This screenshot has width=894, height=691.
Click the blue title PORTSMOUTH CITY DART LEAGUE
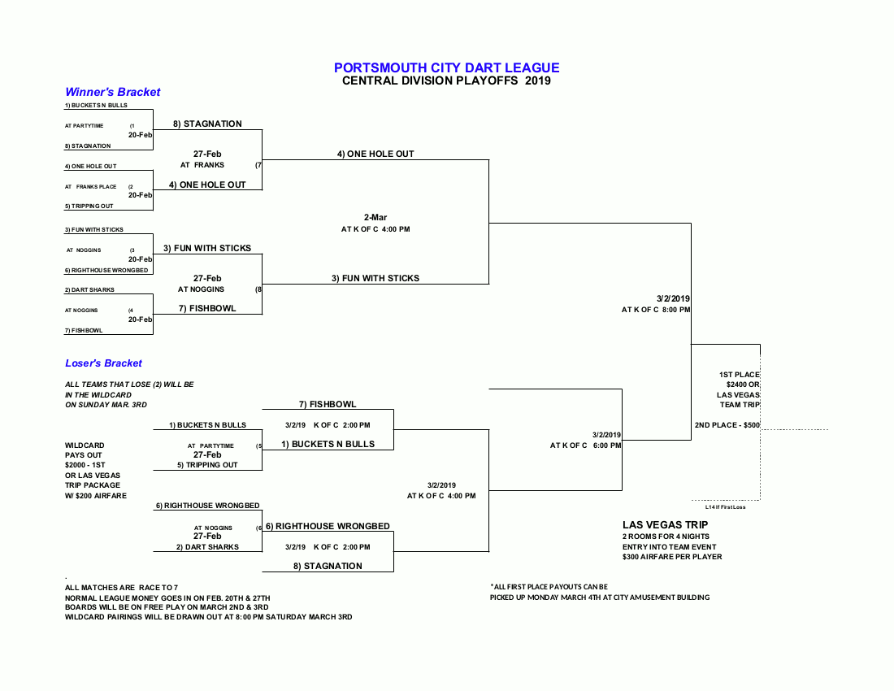tap(446, 68)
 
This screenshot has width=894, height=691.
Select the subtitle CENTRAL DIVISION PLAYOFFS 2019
tap(446, 80)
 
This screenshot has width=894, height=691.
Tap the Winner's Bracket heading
tap(113, 93)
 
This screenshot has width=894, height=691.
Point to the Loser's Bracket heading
tap(104, 363)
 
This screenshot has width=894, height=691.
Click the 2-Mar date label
tap(375, 217)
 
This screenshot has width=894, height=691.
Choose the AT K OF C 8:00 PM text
tap(656, 310)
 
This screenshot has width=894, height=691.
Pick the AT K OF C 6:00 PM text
tap(585, 445)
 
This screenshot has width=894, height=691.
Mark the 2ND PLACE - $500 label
tap(727, 425)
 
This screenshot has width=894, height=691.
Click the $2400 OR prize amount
tap(743, 385)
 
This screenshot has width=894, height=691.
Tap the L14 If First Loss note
tap(725, 507)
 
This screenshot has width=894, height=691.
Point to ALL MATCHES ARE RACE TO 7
tap(122, 587)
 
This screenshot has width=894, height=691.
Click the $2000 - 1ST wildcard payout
tap(85, 465)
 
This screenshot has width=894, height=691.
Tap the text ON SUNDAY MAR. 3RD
tap(106, 404)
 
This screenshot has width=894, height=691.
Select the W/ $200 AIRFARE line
tap(96, 496)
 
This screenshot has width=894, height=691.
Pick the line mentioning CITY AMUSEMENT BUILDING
tap(600, 598)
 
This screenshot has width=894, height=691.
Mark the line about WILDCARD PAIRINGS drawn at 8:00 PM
tap(209, 617)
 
